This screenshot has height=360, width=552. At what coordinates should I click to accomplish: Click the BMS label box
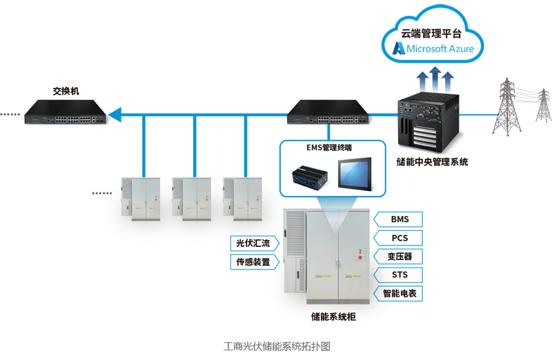coord(400,219)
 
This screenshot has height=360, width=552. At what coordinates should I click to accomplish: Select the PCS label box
coord(400,238)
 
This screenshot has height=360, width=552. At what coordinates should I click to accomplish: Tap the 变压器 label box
coord(400,257)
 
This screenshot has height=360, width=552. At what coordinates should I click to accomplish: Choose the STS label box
coord(400,275)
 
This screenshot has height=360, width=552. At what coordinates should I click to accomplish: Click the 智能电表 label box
coord(400,294)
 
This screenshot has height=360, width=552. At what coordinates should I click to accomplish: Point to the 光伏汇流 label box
coord(254,243)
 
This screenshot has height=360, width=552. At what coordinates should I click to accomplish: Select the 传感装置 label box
coord(254,262)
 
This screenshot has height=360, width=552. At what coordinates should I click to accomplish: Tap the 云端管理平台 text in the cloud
coord(433,31)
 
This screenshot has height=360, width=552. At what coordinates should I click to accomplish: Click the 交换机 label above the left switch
coord(66,90)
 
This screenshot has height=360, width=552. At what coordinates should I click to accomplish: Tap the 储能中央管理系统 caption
coord(432,162)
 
